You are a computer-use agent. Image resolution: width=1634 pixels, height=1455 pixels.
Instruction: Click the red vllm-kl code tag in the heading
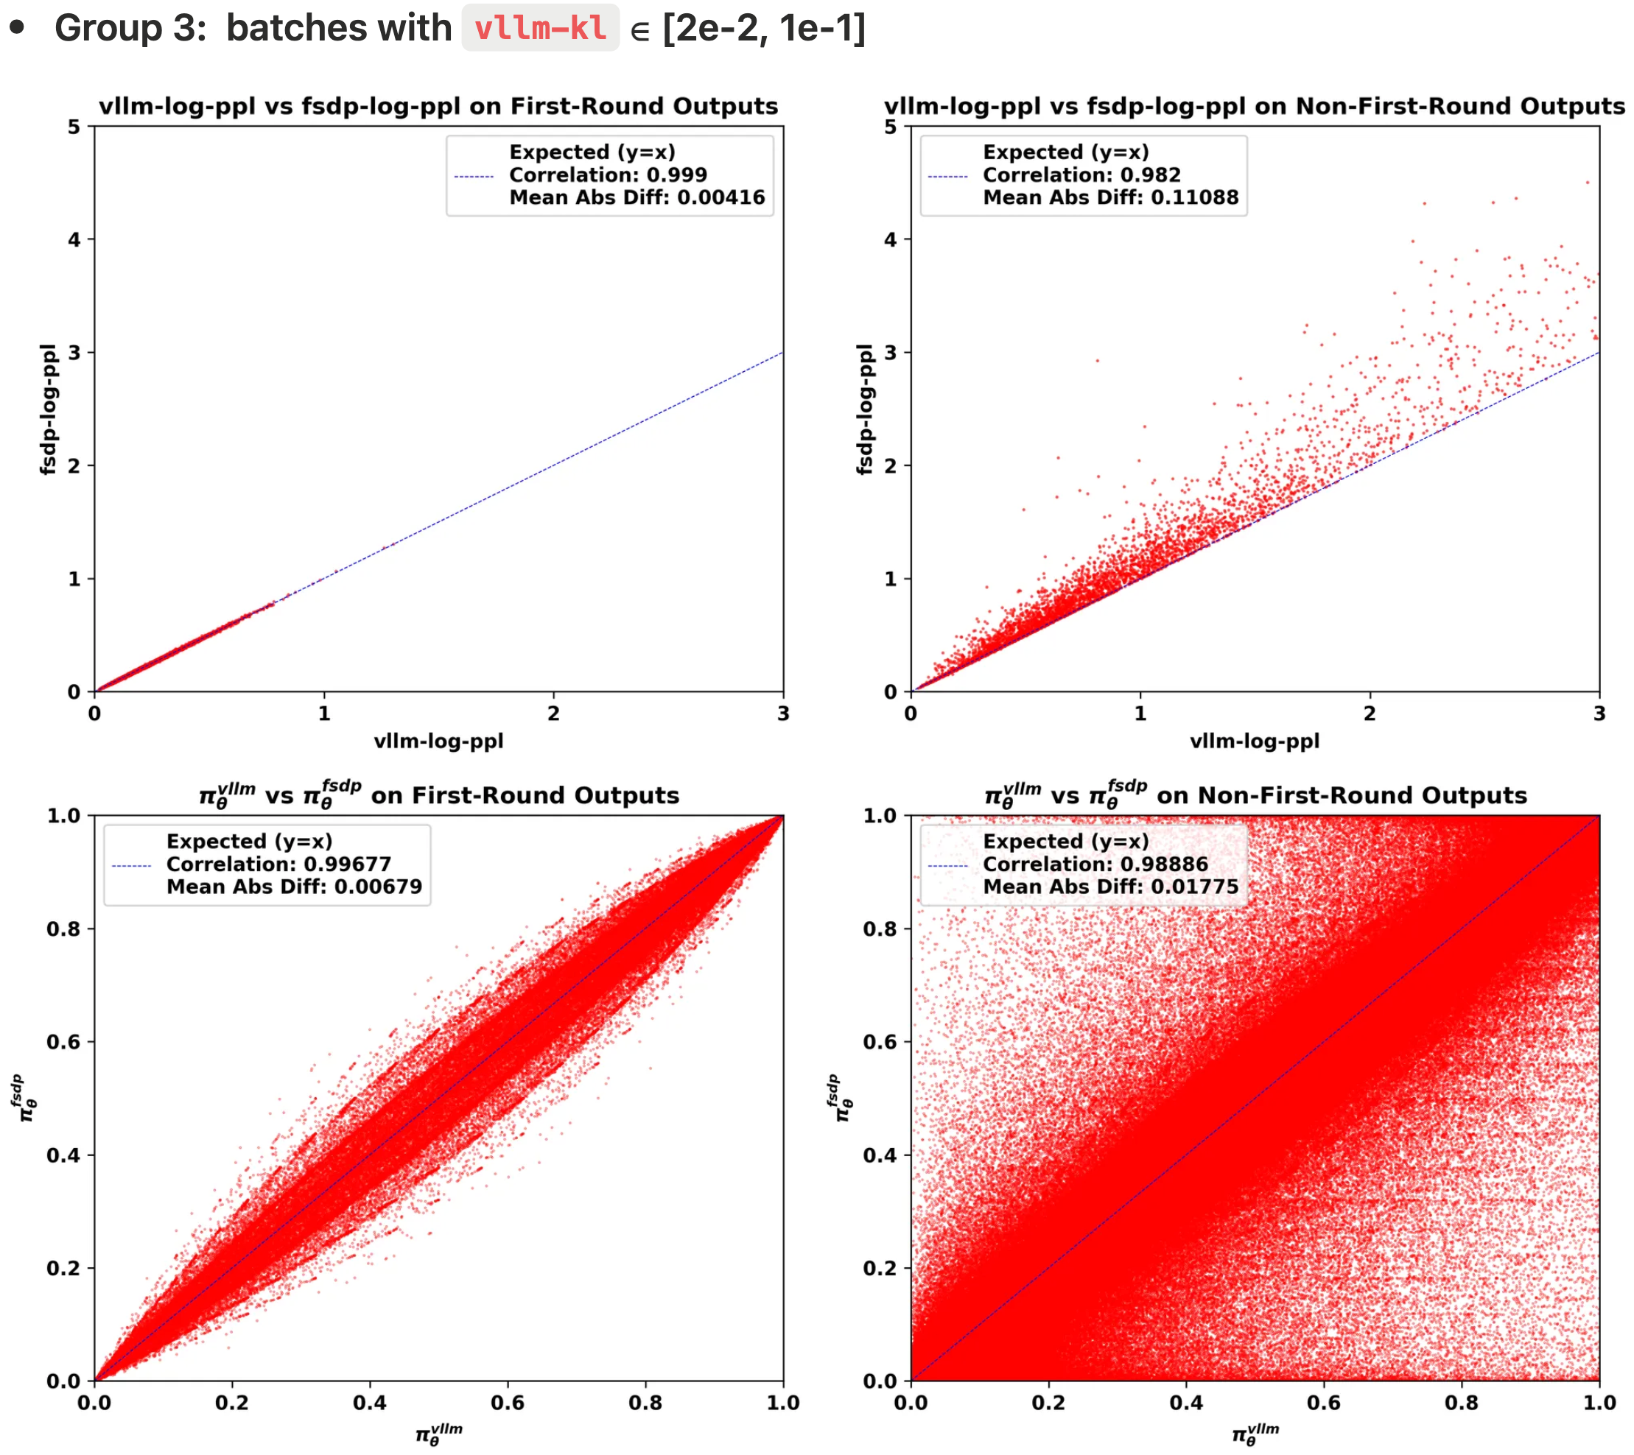pyautogui.click(x=540, y=28)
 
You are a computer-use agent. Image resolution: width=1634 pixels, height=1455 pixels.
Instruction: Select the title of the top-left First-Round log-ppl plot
pyautogui.click(x=438, y=105)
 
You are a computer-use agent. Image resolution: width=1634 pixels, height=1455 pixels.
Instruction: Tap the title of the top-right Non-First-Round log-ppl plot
pyautogui.click(x=1253, y=105)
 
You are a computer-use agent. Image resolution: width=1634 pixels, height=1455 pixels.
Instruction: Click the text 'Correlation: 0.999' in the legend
pyautogui.click(x=608, y=175)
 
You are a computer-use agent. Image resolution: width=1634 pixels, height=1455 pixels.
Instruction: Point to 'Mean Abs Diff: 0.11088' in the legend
pyautogui.click(x=1110, y=197)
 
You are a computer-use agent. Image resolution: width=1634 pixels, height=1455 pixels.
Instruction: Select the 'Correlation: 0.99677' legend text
pyautogui.click(x=278, y=864)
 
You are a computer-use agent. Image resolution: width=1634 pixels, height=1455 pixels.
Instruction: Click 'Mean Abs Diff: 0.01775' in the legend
pyautogui.click(x=1110, y=886)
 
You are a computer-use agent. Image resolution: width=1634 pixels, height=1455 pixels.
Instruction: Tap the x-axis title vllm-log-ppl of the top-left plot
pyautogui.click(x=438, y=741)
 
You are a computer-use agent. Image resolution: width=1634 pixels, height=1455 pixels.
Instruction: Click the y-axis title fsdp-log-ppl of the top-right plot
pyautogui.click(x=865, y=409)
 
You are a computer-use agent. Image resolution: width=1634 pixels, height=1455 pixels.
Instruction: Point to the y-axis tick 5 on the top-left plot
pyautogui.click(x=74, y=127)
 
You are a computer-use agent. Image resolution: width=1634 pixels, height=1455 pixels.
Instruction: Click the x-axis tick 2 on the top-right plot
pyautogui.click(x=1370, y=713)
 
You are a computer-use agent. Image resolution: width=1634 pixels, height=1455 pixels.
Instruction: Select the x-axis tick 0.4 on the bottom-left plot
pyautogui.click(x=370, y=1402)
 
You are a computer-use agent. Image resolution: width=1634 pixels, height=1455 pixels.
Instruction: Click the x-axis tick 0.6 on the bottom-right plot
pyautogui.click(x=1324, y=1402)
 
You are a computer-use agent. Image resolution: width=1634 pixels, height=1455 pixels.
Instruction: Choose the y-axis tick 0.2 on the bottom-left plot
pyautogui.click(x=63, y=1268)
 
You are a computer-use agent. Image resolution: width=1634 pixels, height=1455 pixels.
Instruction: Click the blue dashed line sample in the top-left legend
pyautogui.click(x=474, y=176)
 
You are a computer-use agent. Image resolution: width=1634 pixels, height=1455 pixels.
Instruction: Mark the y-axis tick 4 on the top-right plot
pyautogui.click(x=890, y=239)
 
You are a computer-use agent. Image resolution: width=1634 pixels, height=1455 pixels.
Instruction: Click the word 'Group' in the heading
pyautogui.click(x=109, y=28)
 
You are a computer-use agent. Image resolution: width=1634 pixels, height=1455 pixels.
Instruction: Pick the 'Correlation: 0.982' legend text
pyautogui.click(x=1081, y=175)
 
